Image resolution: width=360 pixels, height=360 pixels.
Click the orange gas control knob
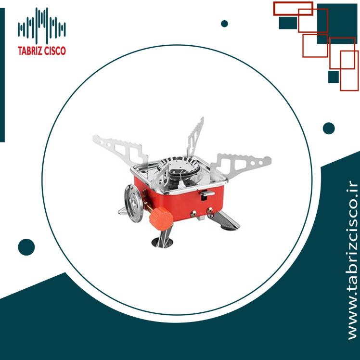[161, 219]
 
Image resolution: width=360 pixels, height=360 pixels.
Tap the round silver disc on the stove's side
[134, 203]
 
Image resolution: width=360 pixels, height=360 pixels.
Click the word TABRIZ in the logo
[30, 51]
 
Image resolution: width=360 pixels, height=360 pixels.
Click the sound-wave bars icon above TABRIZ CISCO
[42, 26]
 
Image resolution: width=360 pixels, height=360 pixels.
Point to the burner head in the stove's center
[179, 167]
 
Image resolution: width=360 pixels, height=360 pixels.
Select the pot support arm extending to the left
[120, 150]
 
